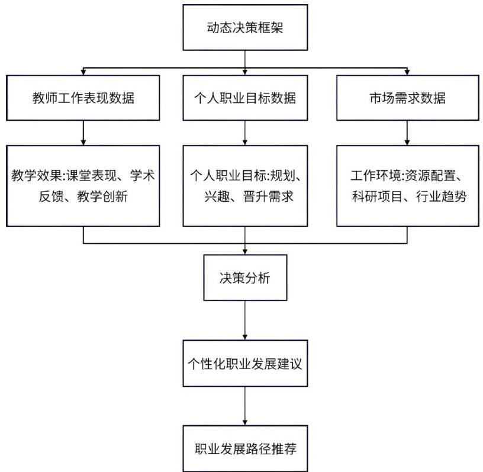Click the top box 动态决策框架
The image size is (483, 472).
pos(245,27)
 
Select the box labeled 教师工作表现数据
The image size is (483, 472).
pos(83,98)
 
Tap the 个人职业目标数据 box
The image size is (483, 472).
pos(245,98)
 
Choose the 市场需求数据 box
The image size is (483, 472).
pos(407,98)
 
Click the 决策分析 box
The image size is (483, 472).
pos(245,277)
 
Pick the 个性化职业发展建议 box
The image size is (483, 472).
pos(245,363)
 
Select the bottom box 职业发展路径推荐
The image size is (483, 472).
pos(245,448)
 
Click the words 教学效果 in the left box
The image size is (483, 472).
pos(37,176)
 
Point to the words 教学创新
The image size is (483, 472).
pos(102,196)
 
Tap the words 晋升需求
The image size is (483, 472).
pos(268,196)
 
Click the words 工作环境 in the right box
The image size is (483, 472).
pos(376,176)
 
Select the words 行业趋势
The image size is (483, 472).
pos(441,196)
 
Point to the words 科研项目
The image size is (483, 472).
pos(378,196)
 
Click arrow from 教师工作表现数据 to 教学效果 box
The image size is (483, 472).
pos(83,132)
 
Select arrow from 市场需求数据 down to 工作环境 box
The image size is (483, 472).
pos(407,132)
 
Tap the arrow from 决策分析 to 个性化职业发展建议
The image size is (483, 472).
pos(245,320)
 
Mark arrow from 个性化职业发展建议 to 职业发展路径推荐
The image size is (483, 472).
pos(245,406)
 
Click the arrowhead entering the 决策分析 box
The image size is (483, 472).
pos(245,251)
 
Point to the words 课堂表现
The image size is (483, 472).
pos(92,176)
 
